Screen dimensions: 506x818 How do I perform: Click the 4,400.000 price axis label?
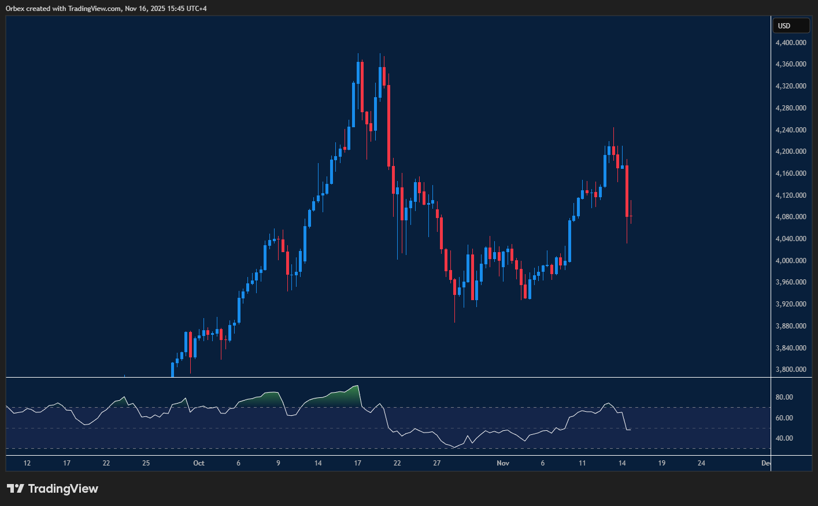[791, 43]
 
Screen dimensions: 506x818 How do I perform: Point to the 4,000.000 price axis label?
[791, 261]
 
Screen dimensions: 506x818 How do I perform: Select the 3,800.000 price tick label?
[791, 370]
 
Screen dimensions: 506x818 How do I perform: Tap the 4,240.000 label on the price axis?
[791, 130]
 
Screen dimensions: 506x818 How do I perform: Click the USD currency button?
[791, 25]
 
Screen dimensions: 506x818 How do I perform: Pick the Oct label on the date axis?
[199, 463]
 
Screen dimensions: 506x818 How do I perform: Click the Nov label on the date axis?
[503, 463]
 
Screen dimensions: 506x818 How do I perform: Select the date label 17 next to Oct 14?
[358, 463]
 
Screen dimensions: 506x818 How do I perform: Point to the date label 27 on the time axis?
[437, 463]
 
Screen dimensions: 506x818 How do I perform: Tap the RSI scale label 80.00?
[784, 397]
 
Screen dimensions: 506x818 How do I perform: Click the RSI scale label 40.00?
[784, 438]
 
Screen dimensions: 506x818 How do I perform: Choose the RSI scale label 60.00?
[784, 418]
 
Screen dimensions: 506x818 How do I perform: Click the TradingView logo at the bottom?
[53, 489]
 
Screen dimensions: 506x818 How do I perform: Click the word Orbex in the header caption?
[15, 9]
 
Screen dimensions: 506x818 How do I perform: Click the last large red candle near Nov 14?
[627, 191]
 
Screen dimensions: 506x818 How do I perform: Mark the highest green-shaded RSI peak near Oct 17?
[357, 386]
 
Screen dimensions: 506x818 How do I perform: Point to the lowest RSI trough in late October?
[455, 447]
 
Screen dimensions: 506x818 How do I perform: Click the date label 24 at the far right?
[701, 463]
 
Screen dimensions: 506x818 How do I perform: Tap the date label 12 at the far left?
[27, 463]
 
